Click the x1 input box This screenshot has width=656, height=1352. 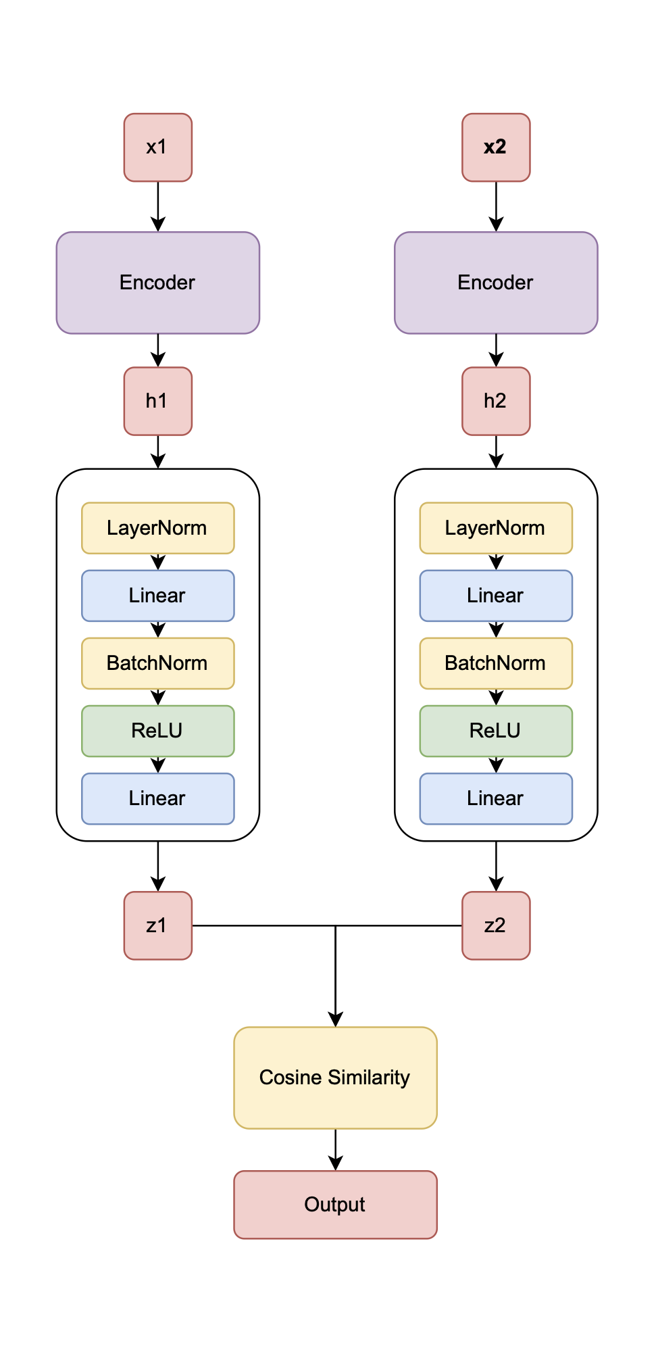(157, 147)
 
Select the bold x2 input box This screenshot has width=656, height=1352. (496, 147)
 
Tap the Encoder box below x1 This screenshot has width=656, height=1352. (157, 283)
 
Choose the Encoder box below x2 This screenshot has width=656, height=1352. (496, 283)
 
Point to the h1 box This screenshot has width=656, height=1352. (157, 401)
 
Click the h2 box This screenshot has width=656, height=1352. (496, 401)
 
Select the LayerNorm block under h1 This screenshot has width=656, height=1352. (157, 528)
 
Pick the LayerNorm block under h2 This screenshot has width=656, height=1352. (496, 528)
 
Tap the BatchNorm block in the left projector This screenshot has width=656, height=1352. (157, 663)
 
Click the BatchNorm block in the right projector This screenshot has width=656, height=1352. (496, 663)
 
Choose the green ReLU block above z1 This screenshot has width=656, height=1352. (157, 731)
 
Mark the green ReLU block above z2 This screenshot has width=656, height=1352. (496, 731)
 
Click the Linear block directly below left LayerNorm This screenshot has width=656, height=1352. (157, 596)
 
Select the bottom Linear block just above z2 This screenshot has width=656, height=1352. (496, 798)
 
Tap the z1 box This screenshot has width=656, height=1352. (157, 925)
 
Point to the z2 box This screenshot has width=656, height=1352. (496, 925)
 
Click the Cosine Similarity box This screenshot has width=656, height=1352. (335, 1078)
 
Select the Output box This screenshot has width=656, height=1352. (335, 1205)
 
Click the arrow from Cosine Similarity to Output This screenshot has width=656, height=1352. (335, 1149)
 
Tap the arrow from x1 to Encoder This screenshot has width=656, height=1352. (157, 206)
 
